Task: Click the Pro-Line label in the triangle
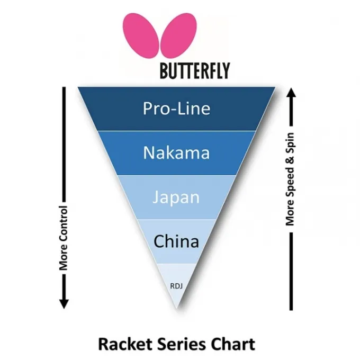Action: point(176,109)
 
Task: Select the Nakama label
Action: point(176,153)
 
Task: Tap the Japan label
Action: point(176,197)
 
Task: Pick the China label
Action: point(176,242)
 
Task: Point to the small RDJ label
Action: point(176,286)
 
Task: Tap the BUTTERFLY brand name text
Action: point(195,71)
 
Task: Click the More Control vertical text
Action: point(64,238)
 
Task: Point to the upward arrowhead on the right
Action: point(290,94)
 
